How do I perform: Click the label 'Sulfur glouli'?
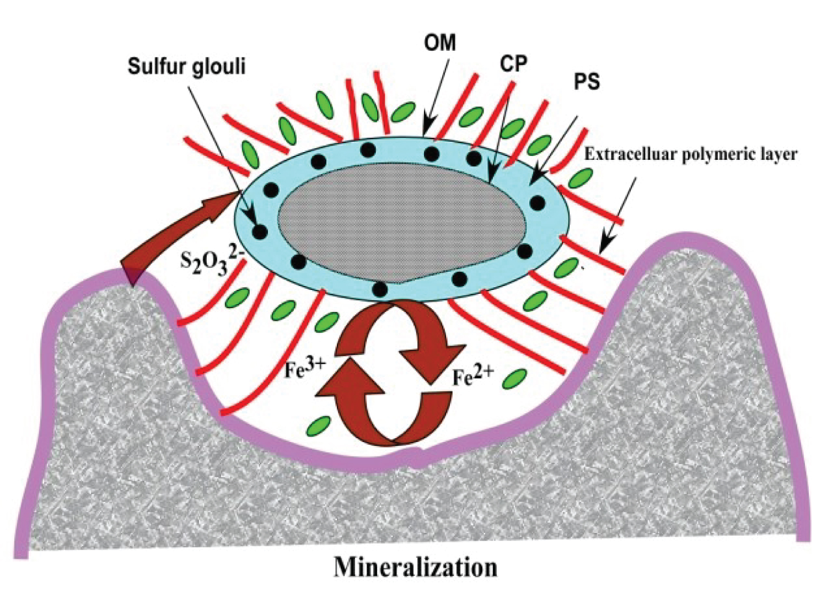(186, 67)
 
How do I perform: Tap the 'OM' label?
(440, 42)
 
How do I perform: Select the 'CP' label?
(513, 64)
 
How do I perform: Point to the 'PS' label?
(586, 83)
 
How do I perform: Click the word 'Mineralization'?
(415, 567)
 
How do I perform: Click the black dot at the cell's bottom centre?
(380, 289)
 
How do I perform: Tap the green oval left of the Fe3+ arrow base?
(318, 425)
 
